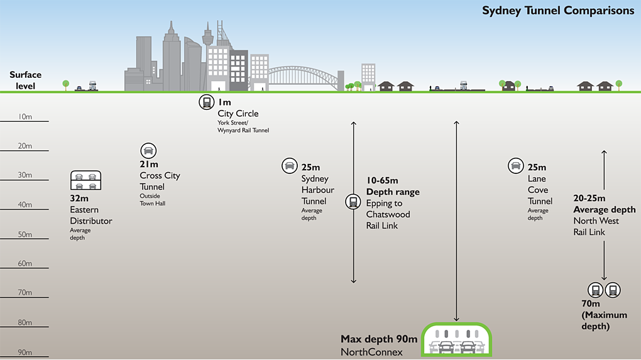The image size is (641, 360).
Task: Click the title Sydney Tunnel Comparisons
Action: tap(558, 11)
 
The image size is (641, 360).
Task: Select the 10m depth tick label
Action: tap(25, 116)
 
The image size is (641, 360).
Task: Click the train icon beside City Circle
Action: tap(205, 102)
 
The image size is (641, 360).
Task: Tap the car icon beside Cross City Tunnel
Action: tap(148, 151)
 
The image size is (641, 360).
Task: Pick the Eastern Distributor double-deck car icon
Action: tap(85, 181)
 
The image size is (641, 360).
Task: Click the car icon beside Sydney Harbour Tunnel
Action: tap(289, 165)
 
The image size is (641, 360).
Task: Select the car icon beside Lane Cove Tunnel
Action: tap(515, 165)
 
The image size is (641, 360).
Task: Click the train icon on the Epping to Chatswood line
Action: tap(353, 202)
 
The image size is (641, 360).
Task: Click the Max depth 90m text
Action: tap(379, 339)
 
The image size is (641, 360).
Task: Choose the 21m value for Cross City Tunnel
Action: tap(150, 165)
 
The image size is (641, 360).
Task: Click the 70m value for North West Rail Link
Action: tap(592, 305)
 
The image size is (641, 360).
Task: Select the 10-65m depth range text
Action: tap(382, 181)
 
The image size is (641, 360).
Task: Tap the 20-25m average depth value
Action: tap(589, 199)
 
